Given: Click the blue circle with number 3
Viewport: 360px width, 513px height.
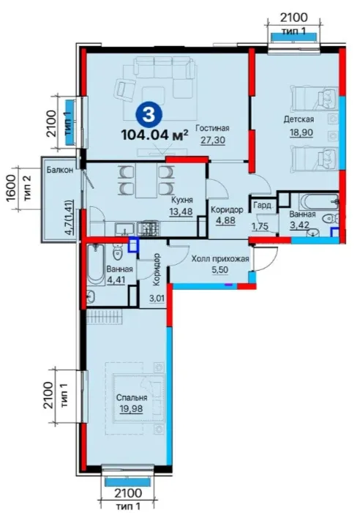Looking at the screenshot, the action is pos(149,115).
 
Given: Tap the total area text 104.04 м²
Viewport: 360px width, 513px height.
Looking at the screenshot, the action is pos(155,135).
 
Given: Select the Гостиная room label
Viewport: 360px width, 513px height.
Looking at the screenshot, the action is pos(212,128).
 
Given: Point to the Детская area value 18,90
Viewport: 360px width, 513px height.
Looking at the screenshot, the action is pos(301,132).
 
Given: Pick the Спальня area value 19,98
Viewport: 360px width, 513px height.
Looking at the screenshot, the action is pos(132,408).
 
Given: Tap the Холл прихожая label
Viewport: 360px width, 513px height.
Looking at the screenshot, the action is pos(220,259).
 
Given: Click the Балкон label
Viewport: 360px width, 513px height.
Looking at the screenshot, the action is pos(59,170).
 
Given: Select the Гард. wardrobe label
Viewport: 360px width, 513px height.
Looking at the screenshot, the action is pos(263,206).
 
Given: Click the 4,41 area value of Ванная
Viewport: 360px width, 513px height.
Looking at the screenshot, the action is pos(116,280).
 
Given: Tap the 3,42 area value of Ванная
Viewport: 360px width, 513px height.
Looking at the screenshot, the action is pos(299,225).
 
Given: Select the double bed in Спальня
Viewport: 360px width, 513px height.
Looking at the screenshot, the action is pos(138,399).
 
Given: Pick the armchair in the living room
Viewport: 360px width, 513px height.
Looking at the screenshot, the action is pos(125,88).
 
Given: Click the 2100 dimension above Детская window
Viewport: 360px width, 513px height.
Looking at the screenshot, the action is pos(294,17).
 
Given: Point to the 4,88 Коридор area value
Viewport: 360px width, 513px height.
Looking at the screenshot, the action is pos(225,220).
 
